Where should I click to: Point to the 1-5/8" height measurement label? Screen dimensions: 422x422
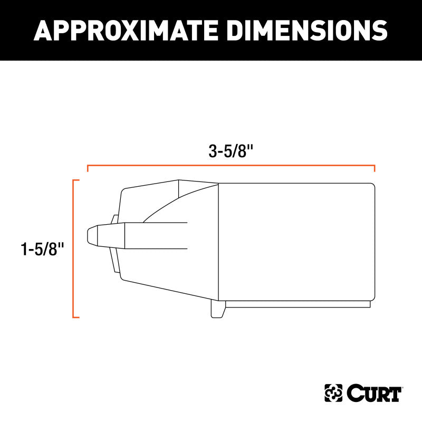(43, 249)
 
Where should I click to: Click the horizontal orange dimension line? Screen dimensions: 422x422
(231, 166)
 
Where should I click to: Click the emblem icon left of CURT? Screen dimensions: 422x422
(333, 393)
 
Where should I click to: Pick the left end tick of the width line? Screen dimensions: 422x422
(88, 168)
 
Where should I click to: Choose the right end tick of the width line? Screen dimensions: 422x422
(375, 168)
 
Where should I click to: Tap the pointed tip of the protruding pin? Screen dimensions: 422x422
(89, 236)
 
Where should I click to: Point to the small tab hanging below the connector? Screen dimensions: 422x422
(216, 310)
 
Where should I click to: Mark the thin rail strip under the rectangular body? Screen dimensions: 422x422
(298, 304)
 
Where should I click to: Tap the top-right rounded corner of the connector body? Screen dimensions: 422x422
(372, 185)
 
